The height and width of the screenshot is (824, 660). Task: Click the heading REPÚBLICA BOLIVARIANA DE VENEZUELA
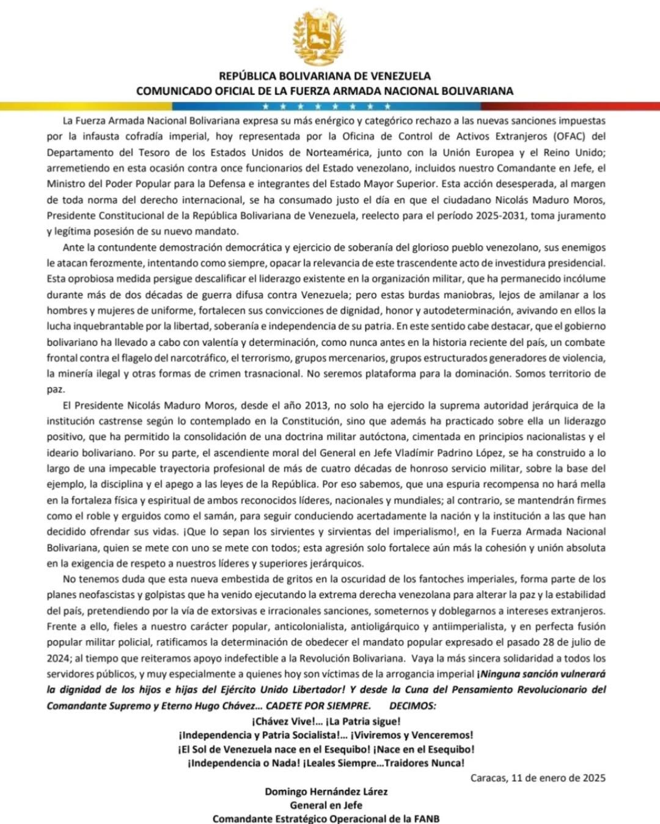(324, 76)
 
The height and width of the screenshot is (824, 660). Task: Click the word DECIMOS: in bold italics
(413, 706)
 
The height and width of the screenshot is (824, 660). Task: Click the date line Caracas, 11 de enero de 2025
(538, 778)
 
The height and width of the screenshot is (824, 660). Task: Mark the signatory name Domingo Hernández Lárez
(326, 792)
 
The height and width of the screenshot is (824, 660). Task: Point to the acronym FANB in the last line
(425, 819)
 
